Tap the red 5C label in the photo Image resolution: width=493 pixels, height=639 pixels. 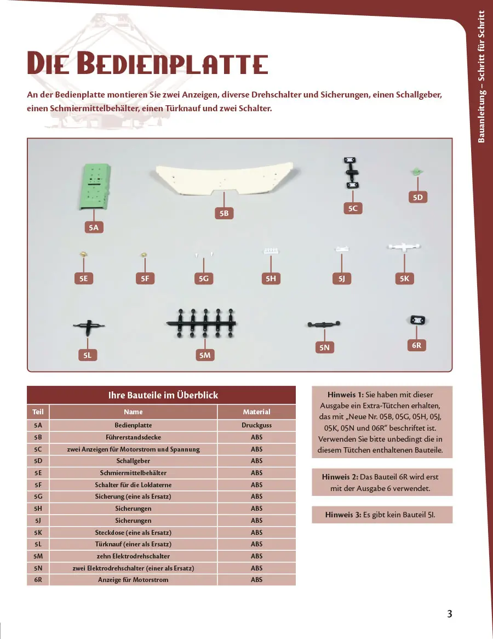(x=353, y=208)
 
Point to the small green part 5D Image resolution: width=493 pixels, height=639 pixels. (x=417, y=172)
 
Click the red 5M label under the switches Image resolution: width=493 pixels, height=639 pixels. (x=205, y=356)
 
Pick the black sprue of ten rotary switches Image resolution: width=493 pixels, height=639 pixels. (x=201, y=323)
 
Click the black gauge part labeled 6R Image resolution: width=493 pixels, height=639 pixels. (x=417, y=320)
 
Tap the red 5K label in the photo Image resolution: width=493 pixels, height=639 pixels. (x=404, y=279)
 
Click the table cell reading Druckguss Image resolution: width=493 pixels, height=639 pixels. (x=256, y=425)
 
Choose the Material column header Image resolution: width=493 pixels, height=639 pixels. (x=256, y=412)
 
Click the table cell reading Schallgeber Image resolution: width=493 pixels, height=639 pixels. (x=133, y=461)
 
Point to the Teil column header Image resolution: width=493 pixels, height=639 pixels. (x=38, y=412)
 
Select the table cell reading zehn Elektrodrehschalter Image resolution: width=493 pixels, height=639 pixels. (x=133, y=556)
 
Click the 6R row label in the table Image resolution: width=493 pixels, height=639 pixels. (x=38, y=580)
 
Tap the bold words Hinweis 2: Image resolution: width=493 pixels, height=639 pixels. (x=340, y=477)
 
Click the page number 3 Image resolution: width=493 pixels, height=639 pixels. (x=449, y=614)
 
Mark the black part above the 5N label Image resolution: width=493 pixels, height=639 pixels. (x=324, y=325)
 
